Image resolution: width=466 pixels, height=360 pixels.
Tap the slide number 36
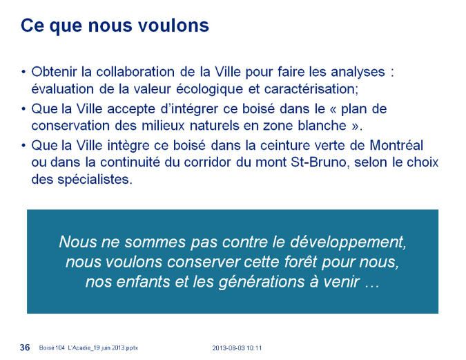(x=25, y=347)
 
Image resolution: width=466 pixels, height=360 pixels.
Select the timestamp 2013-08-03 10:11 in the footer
(x=237, y=348)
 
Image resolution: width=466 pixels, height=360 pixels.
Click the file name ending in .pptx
(x=88, y=348)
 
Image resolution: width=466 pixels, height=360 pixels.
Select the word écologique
(x=209, y=89)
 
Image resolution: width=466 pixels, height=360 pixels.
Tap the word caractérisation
(x=311, y=89)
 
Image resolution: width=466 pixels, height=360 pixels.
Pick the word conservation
(x=70, y=126)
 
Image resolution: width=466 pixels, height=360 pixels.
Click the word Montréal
(x=396, y=146)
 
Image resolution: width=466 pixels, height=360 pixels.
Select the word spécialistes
(x=95, y=180)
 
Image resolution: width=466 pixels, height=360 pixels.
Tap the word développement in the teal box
(x=348, y=242)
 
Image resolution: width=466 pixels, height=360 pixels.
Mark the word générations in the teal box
(x=262, y=282)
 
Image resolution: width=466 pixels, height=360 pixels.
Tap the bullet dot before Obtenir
(x=23, y=73)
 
